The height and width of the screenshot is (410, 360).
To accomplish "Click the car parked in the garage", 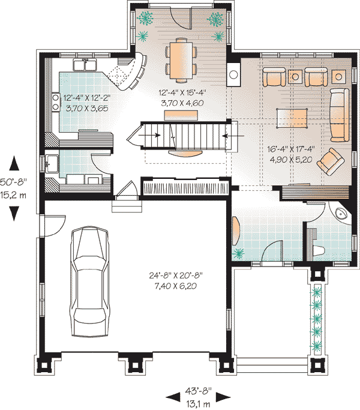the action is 89,281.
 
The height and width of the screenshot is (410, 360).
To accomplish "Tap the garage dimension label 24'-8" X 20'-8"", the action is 176,276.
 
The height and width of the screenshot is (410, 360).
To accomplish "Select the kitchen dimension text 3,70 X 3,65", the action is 87,108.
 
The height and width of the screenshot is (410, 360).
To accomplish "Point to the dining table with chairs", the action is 181,60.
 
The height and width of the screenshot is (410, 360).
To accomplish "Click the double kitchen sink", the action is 85,65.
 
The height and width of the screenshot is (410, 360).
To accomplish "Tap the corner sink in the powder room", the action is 341,213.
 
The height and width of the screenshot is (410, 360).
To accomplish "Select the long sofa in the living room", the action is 340,115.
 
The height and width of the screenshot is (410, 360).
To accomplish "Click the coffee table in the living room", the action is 292,118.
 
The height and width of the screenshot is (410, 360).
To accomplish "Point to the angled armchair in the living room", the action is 330,161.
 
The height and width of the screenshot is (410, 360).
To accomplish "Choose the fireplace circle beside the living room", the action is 233,74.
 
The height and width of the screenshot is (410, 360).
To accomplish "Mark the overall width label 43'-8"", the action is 198,391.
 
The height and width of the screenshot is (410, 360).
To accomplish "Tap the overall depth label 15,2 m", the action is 13,195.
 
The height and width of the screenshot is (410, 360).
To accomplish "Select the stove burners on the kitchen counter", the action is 55,102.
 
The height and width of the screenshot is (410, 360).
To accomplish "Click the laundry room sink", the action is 52,163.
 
